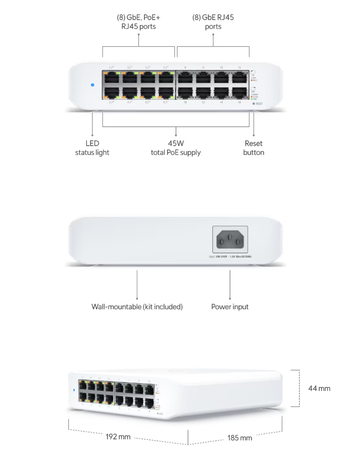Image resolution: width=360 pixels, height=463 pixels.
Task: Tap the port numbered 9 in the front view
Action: pyautogui.click(x=186, y=78)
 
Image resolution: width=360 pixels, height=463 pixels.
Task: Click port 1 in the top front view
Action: pyautogui.click(x=112, y=78)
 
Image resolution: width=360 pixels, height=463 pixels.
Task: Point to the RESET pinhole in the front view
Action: pyautogui.click(x=254, y=103)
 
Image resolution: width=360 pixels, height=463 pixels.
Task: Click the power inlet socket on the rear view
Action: pyautogui.click(x=230, y=239)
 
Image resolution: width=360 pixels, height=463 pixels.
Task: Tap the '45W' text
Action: pyautogui.click(x=175, y=144)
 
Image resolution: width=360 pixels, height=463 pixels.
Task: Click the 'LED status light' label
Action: pyautogui.click(x=92, y=148)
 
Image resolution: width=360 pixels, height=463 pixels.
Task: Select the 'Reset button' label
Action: pyautogui.click(x=254, y=148)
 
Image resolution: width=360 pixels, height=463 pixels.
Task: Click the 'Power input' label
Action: pyautogui.click(x=230, y=307)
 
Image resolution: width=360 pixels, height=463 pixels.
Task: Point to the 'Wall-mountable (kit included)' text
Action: pyautogui.click(x=137, y=307)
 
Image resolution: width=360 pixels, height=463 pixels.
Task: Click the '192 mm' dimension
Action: pyautogui.click(x=118, y=437)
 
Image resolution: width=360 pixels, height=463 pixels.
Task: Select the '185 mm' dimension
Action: pyautogui.click(x=240, y=438)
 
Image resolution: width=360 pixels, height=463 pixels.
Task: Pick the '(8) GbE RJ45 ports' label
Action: pyautogui.click(x=213, y=22)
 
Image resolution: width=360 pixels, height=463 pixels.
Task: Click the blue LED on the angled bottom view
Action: pyautogui.click(x=76, y=389)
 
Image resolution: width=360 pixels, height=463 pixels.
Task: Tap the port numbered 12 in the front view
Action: pyautogui.click(x=203, y=93)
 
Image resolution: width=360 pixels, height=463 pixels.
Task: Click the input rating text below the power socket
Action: pyautogui.click(x=230, y=256)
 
